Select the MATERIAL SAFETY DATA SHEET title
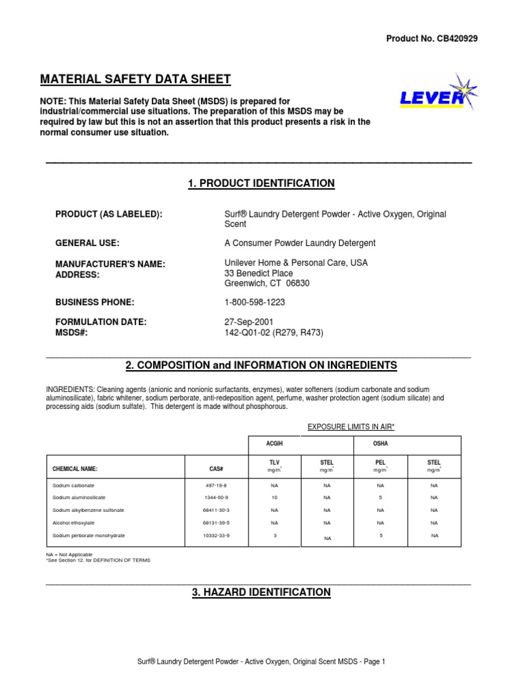click(x=136, y=79)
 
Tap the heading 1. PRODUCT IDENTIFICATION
click(x=261, y=183)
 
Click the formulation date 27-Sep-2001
click(x=249, y=322)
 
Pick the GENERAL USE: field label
click(x=87, y=243)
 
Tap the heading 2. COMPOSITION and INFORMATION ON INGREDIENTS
click(x=261, y=365)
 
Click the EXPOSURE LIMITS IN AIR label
click(x=351, y=427)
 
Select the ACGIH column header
click(x=274, y=444)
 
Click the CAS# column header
click(x=217, y=469)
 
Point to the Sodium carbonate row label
click(x=72, y=486)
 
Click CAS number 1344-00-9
click(x=217, y=498)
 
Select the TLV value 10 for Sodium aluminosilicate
click(x=274, y=498)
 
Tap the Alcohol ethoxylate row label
click(x=74, y=523)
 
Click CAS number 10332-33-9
click(x=217, y=536)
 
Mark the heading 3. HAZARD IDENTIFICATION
click(x=261, y=592)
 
